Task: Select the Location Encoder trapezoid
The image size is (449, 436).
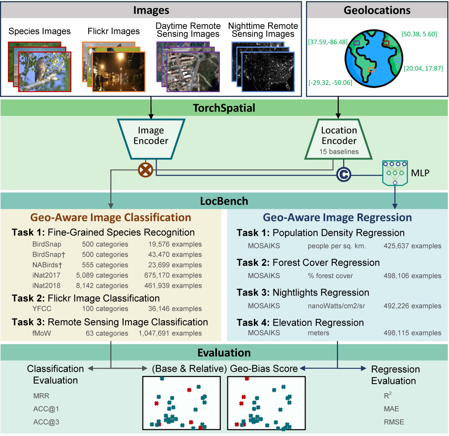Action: tap(339, 139)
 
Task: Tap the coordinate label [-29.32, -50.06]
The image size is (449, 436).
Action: tap(330, 83)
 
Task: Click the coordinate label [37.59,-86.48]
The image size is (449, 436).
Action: tap(327, 42)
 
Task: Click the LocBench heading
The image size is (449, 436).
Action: tap(224, 201)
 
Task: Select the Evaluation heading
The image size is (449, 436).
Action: tap(224, 353)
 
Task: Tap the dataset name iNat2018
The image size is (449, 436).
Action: tap(47, 286)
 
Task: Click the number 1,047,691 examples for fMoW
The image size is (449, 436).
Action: tap(170, 333)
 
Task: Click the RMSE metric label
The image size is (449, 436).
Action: tap(394, 422)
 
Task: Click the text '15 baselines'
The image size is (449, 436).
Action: tap(339, 152)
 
